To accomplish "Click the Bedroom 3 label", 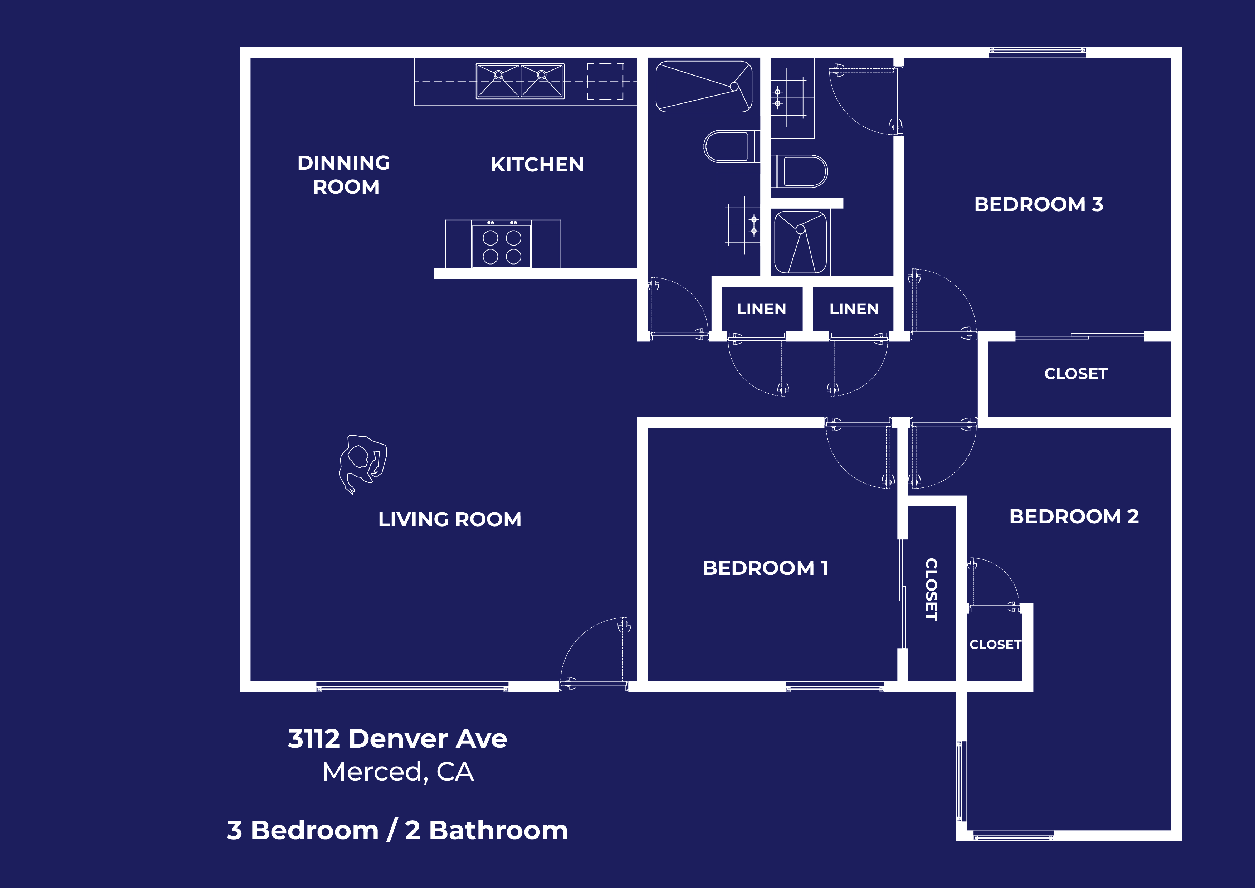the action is point(1039,204).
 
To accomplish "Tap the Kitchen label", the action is point(537,165).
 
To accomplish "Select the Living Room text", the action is point(450,519).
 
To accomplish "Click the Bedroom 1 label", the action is point(765,568).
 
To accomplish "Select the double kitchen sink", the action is point(520,81).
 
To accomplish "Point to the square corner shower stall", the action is point(801,243).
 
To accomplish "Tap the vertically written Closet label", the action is point(931,589).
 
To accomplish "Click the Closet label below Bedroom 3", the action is point(1076,374).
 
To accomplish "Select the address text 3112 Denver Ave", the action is point(397,739).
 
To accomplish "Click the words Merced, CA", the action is point(397,772).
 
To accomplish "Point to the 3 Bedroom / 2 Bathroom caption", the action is point(397,831).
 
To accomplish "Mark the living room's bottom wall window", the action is point(412,687).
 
